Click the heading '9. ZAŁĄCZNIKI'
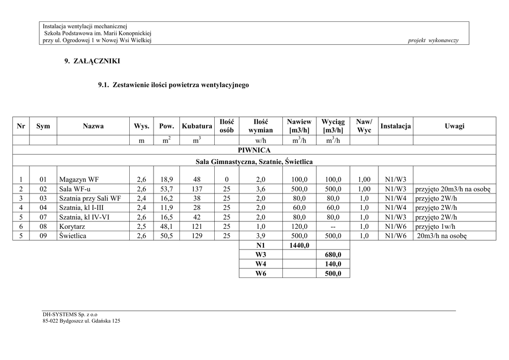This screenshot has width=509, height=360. pyautogui.click(x=92, y=61)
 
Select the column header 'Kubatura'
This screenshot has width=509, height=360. pyautogui.click(x=197, y=126)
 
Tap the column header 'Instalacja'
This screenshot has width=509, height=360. pyautogui.click(x=395, y=126)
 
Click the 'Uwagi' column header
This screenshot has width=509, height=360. pyautogui.click(x=454, y=126)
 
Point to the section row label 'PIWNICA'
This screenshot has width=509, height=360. pyautogui.click(x=254, y=150)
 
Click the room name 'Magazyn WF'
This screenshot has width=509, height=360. pyautogui.click(x=79, y=180)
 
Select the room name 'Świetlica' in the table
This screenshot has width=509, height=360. pyautogui.click(x=73, y=236)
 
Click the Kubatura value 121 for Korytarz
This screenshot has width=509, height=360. pyautogui.click(x=197, y=227)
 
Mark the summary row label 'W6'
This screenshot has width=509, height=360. pyautogui.click(x=260, y=274)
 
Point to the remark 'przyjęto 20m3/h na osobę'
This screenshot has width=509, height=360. pyautogui.click(x=452, y=189)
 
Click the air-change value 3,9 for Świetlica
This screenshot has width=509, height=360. pyautogui.click(x=260, y=236)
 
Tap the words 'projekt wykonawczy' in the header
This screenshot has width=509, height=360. pyautogui.click(x=433, y=40)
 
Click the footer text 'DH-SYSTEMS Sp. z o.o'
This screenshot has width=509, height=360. pyautogui.click(x=70, y=314)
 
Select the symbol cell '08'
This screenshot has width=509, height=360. pyautogui.click(x=43, y=227)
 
